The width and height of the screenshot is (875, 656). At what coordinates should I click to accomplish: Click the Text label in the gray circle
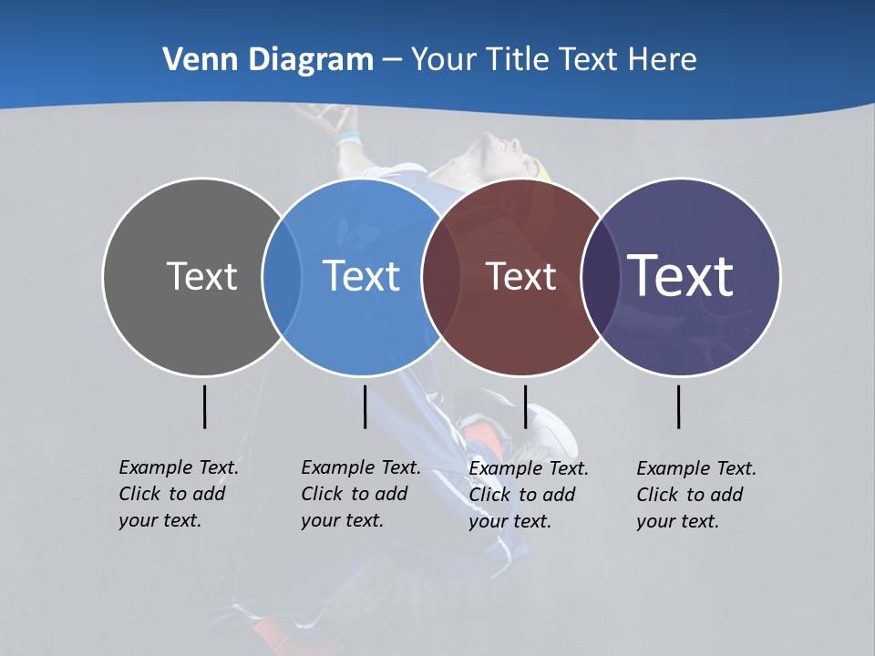click(201, 276)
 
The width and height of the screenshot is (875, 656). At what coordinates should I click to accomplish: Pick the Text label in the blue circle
click(361, 276)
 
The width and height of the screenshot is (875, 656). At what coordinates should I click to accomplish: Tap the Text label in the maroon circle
click(520, 276)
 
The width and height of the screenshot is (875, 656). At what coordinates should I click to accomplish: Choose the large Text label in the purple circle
click(681, 275)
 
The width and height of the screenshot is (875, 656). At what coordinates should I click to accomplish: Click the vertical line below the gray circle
click(204, 406)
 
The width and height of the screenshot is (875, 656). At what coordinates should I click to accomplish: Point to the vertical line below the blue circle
click(365, 406)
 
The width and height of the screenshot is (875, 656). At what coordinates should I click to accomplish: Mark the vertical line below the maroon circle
click(525, 406)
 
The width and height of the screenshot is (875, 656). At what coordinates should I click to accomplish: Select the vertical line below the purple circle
click(678, 406)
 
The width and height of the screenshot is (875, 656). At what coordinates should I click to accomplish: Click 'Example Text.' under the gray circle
click(179, 467)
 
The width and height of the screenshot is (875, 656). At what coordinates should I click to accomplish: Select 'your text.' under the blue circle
click(342, 520)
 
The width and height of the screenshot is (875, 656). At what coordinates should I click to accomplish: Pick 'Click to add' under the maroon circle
click(522, 495)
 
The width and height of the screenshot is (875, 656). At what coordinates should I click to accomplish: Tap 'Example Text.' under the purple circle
click(696, 468)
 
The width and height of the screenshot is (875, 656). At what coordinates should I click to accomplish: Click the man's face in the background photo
click(499, 150)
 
